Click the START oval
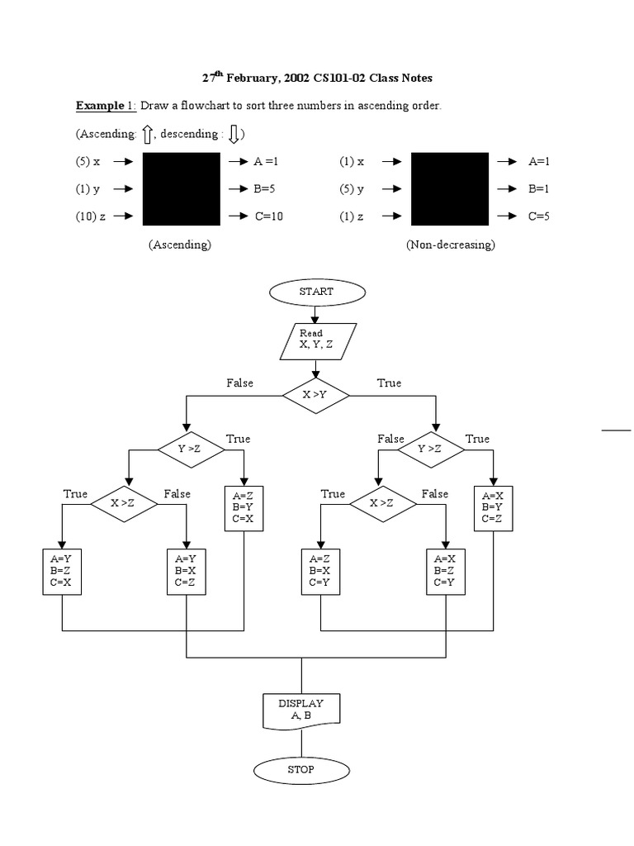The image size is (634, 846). [316, 291]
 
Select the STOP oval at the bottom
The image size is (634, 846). [300, 769]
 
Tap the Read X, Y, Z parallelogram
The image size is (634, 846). [316, 339]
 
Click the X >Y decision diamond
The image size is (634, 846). [315, 395]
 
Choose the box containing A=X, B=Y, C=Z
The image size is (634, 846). [494, 508]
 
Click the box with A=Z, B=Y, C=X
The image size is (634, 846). [243, 508]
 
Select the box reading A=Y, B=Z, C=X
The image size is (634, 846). [63, 571]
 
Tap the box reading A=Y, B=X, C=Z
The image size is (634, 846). [187, 571]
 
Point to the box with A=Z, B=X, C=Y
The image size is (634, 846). [321, 571]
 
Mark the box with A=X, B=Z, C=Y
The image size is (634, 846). [446, 571]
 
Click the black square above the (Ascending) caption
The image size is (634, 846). [182, 188]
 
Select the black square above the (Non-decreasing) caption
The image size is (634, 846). [450, 188]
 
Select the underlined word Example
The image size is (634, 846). [99, 106]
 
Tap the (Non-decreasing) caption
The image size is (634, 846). [450, 245]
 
